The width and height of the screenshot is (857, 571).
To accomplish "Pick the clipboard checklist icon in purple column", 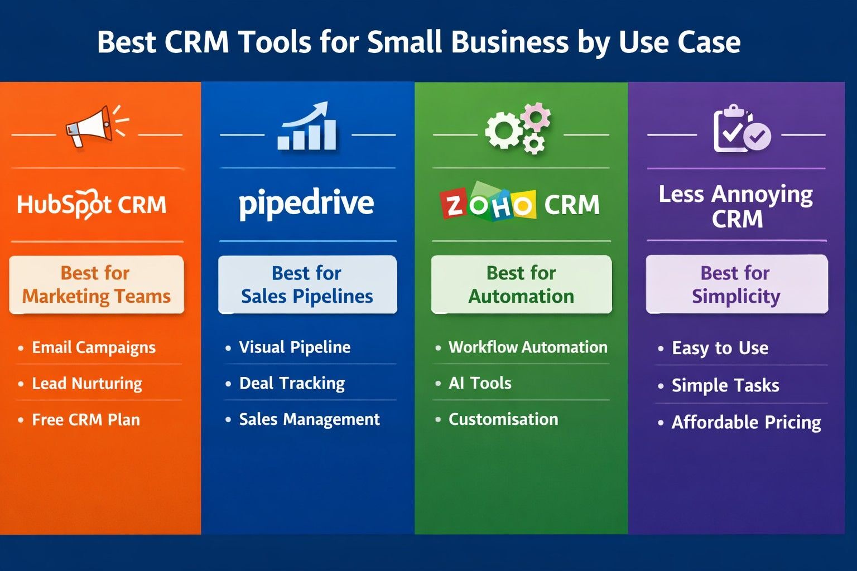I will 740,129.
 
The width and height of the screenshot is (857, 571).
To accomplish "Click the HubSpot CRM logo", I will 92,205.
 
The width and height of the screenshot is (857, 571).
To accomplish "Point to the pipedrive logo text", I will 306,204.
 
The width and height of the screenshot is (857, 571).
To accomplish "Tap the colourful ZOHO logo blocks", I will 488,204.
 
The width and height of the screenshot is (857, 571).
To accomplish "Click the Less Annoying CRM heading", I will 736,206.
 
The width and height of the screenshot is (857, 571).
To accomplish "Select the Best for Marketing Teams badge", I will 97,284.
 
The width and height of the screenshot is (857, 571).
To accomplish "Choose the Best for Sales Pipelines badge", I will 307,284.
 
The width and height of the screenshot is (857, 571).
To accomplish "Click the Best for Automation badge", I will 521,284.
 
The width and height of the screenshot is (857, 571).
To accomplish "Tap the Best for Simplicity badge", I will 736,284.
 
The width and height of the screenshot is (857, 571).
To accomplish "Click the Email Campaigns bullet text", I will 93,348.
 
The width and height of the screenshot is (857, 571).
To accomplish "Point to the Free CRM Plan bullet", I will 85,420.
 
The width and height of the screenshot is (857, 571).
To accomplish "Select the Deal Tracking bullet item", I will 292,384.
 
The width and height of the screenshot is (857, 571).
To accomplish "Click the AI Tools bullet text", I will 480,383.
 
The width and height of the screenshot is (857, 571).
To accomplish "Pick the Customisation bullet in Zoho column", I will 503,419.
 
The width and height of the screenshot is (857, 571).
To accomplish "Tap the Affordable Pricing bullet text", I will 746,423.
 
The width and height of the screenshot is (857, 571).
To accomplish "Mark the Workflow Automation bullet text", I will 528,347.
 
